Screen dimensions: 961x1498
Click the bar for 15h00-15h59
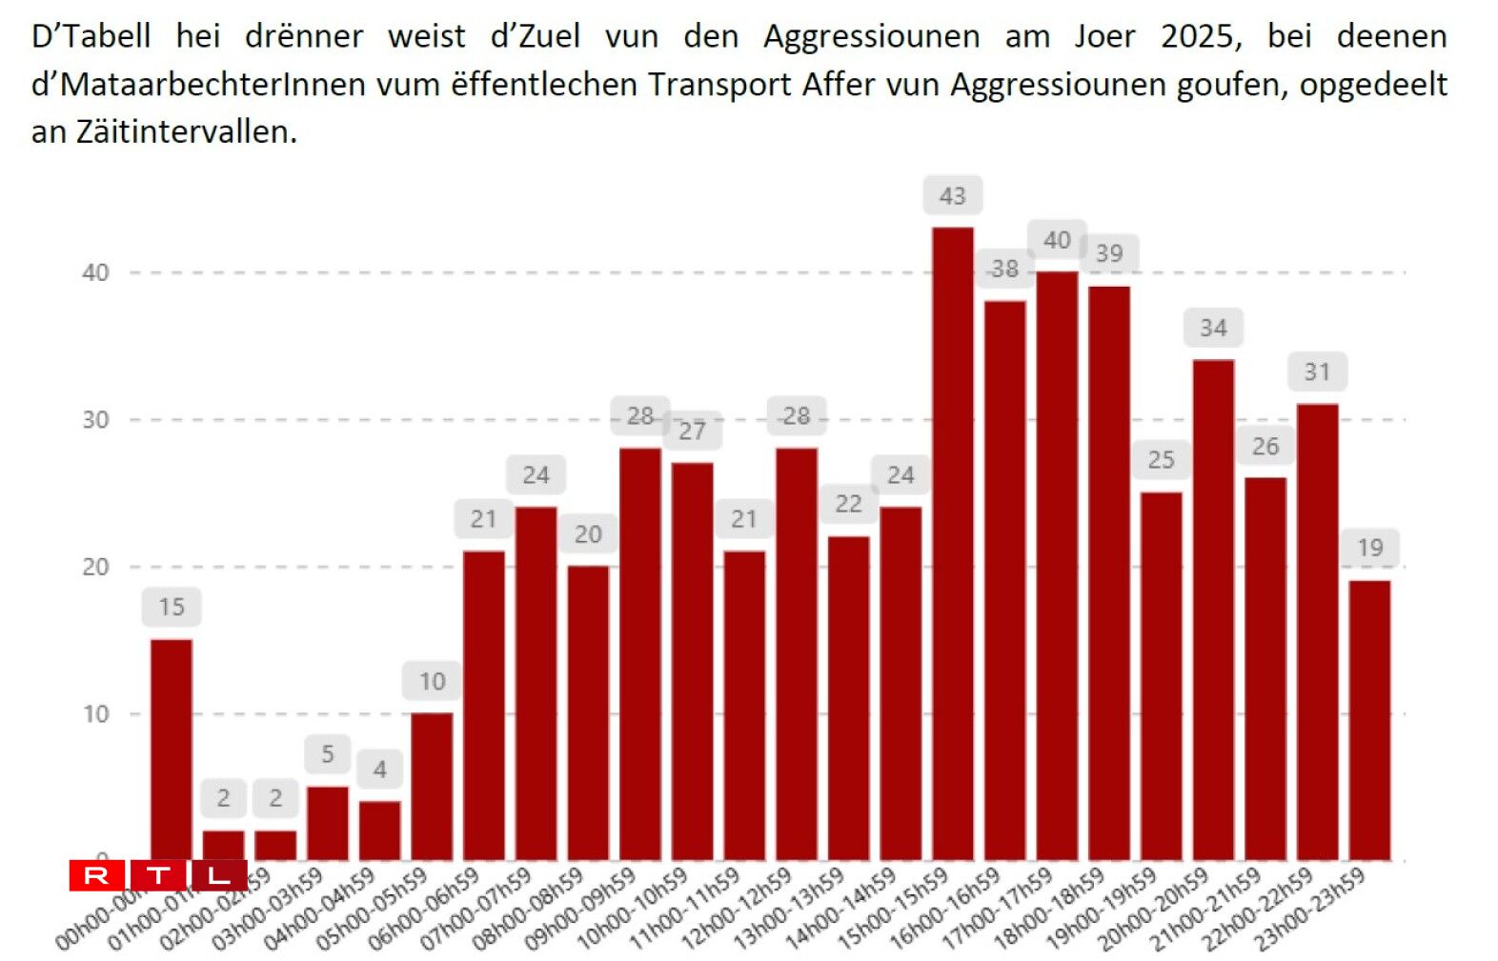click(x=952, y=543)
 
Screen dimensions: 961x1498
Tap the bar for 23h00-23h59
click(x=1369, y=720)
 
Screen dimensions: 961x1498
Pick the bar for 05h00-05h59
click(x=432, y=787)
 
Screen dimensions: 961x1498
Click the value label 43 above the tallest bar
click(x=952, y=196)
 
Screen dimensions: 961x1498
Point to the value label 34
click(x=1213, y=329)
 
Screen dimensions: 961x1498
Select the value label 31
click(x=1317, y=372)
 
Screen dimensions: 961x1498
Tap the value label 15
click(x=172, y=608)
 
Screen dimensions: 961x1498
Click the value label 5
click(x=328, y=754)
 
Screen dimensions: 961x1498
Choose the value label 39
click(x=1109, y=254)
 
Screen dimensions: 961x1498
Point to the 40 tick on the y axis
click(x=95, y=273)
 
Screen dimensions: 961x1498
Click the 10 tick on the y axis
click(x=95, y=714)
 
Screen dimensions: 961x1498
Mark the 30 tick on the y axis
click(x=95, y=420)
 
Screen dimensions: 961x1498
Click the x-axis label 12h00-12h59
click(x=736, y=910)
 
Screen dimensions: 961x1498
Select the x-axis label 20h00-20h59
click(x=1153, y=910)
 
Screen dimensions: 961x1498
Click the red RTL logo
click(x=157, y=875)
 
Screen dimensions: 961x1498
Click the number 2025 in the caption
click(x=1201, y=36)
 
